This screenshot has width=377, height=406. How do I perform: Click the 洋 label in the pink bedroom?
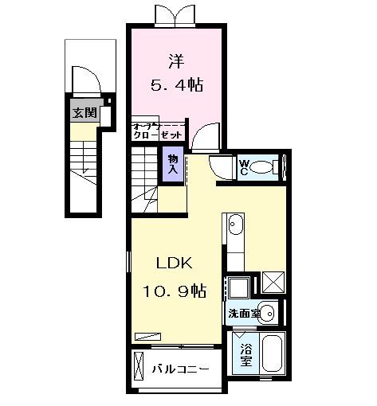177,60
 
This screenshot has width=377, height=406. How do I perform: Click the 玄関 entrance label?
83,112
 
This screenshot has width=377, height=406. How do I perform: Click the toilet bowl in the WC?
269,168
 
